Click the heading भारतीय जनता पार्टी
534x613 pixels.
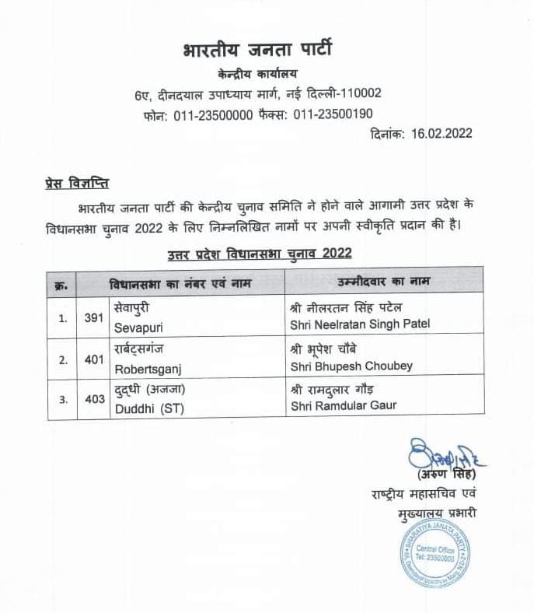click(257, 52)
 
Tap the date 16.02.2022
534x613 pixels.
click(438, 133)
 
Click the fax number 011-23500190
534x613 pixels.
click(333, 114)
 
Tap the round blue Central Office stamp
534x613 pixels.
click(437, 557)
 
